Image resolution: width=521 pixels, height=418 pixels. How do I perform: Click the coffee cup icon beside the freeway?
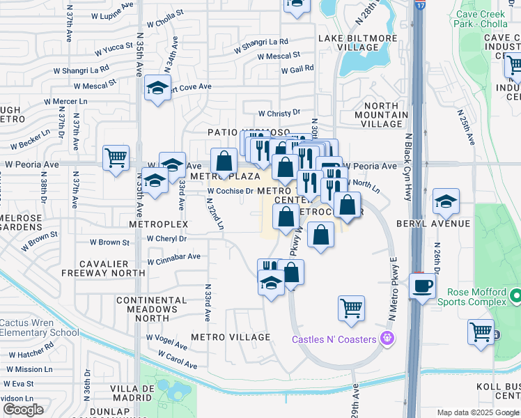pyautogui.click(x=423, y=286)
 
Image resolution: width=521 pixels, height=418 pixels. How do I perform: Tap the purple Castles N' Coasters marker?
pyautogui.click(x=388, y=339)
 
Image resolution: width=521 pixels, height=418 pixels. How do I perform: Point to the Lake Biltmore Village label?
pyautogui.click(x=358, y=42)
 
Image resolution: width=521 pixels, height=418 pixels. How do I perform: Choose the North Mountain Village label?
pyautogui.click(x=381, y=114)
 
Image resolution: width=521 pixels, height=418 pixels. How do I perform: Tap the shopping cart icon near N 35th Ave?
pyautogui.click(x=116, y=157)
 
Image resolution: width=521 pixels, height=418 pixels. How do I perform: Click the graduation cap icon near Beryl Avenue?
pyautogui.click(x=446, y=202)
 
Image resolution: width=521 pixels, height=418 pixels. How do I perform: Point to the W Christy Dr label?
pyautogui.click(x=279, y=113)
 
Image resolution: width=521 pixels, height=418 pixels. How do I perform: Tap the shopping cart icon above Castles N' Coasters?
pyautogui.click(x=351, y=307)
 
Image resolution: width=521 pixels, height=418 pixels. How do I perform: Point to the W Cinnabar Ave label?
pyautogui.click(x=173, y=257)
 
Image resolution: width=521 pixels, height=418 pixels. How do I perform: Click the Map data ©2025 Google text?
pyautogui.click(x=478, y=412)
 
